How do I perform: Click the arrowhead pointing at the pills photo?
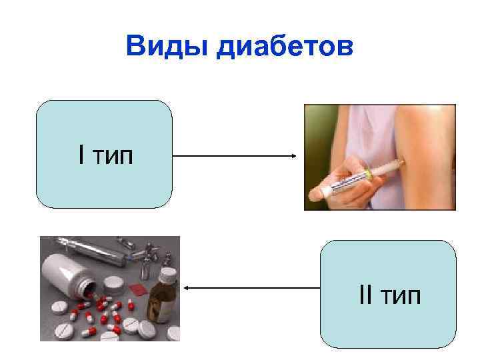point(187,288)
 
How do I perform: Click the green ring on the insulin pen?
point(367,175)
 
